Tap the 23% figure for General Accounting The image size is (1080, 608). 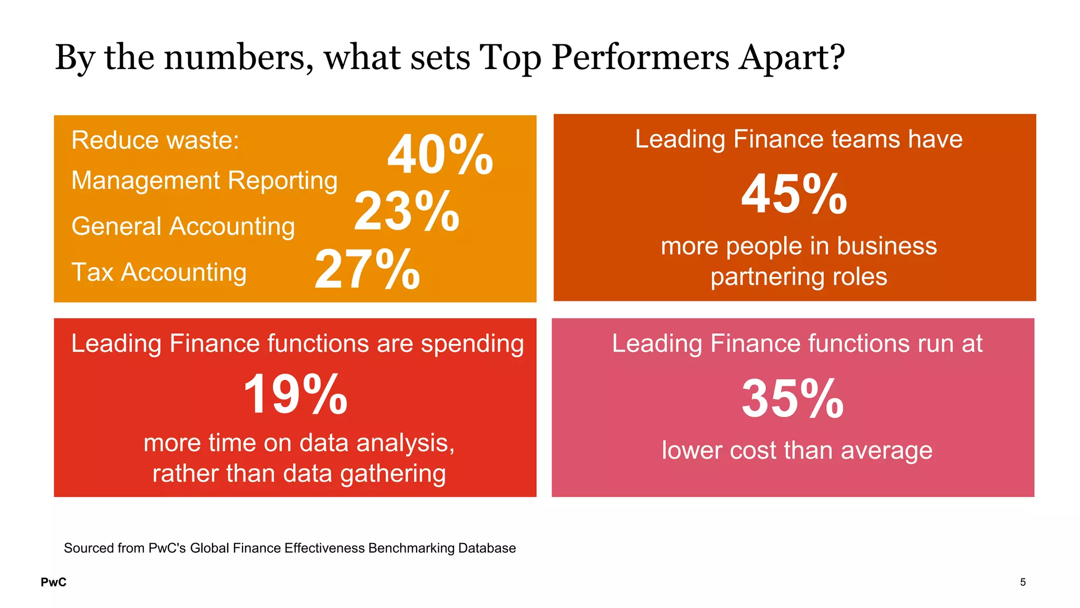click(x=407, y=212)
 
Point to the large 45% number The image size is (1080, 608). click(x=794, y=194)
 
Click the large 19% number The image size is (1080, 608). click(x=295, y=394)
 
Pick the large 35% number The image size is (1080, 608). click(x=793, y=398)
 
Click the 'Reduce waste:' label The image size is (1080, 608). click(x=156, y=140)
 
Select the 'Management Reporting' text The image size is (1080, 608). click(x=204, y=180)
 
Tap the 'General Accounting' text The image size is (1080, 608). click(x=183, y=226)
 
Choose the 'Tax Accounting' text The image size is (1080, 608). click(x=159, y=272)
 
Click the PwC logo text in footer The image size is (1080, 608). click(x=54, y=582)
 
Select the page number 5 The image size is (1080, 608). click(x=1023, y=582)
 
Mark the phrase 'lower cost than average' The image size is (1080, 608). click(x=797, y=451)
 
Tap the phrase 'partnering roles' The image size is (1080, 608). click(x=798, y=277)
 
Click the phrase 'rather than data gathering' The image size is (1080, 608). click(x=299, y=473)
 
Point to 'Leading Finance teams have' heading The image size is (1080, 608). click(x=798, y=139)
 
